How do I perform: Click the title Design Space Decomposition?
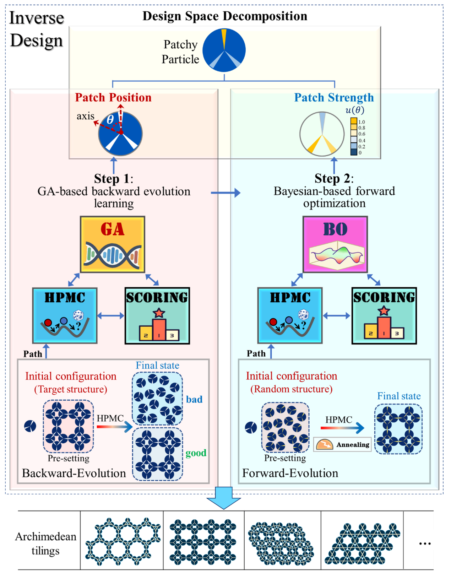225,16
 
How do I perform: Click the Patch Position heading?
113,97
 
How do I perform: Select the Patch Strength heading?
334,97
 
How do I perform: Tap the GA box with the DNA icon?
113,244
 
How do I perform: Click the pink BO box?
335,244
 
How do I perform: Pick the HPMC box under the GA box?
65,315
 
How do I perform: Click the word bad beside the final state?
194,399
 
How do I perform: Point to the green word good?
196,453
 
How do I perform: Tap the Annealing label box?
342,444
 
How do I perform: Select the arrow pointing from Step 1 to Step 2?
225,193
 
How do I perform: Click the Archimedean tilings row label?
45,543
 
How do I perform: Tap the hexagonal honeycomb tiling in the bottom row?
122,542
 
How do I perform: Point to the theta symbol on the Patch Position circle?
110,119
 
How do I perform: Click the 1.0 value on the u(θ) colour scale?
362,122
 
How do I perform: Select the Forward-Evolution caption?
290,473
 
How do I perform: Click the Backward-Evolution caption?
74,473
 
